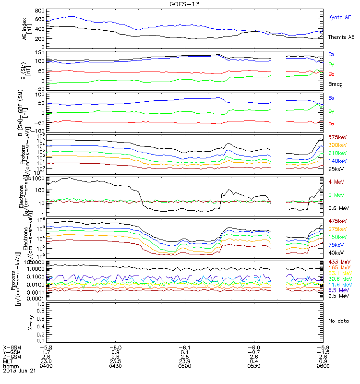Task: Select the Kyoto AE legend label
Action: tap(340, 17)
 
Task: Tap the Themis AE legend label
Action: tap(341, 37)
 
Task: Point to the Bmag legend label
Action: tap(335, 84)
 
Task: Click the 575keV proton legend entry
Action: tap(337, 137)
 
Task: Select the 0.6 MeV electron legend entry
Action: tap(337, 208)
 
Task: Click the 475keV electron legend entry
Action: tap(337, 221)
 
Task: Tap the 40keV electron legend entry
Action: tap(336, 252)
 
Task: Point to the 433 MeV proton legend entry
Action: tap(337, 262)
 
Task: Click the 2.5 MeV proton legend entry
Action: tap(337, 297)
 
